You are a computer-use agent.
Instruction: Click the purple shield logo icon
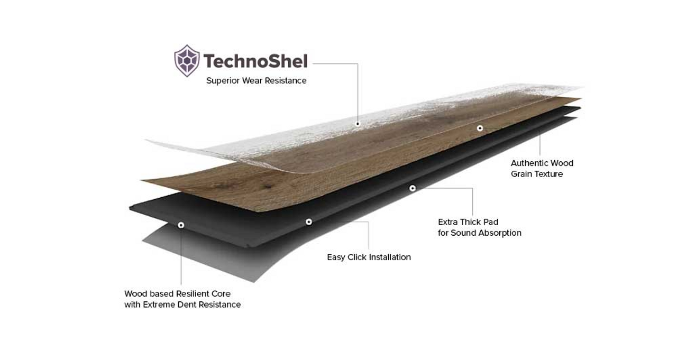(187, 61)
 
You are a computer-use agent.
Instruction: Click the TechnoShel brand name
(255, 61)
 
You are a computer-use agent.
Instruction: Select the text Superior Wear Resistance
(257, 81)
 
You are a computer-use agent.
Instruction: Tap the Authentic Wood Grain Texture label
(542, 169)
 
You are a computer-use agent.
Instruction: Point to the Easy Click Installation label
(369, 257)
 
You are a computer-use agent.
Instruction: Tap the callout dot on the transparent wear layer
(358, 124)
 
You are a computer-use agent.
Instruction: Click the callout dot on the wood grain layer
(480, 128)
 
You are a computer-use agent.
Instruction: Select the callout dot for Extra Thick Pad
(412, 188)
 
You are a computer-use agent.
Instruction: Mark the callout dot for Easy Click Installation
(308, 222)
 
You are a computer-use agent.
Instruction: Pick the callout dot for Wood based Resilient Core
(181, 225)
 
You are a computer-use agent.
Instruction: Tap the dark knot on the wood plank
(266, 187)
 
